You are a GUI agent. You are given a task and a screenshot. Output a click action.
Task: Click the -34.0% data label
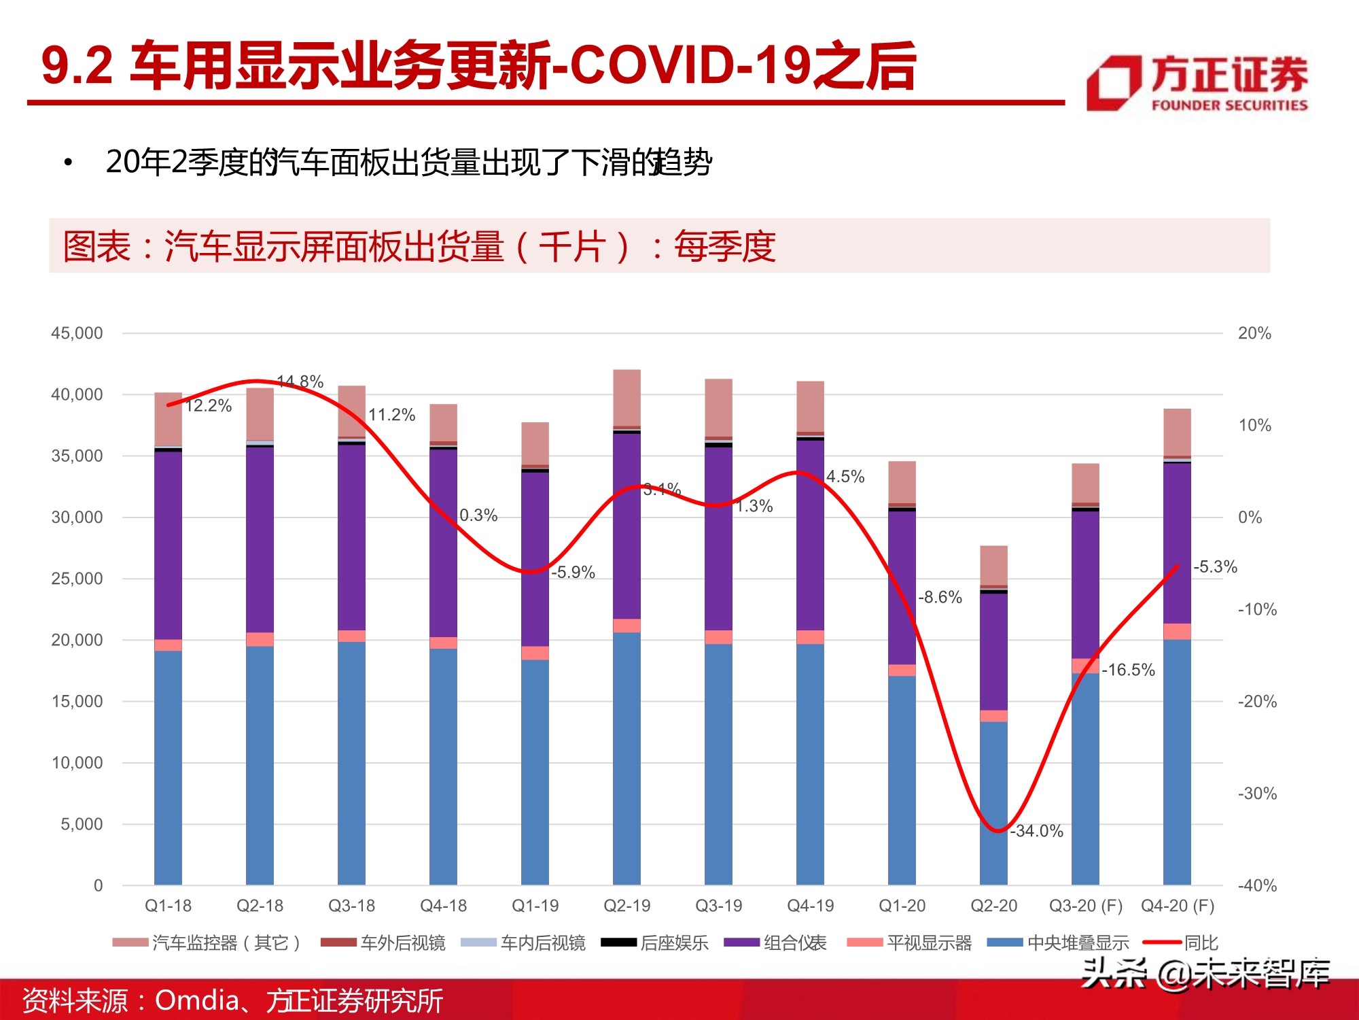click(1036, 831)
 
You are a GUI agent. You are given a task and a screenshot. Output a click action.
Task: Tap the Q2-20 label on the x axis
click(993, 906)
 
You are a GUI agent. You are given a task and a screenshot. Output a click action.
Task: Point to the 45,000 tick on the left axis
click(77, 333)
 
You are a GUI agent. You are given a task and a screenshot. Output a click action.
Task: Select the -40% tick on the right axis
click(1257, 885)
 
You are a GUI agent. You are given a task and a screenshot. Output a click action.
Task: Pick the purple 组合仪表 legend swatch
click(741, 942)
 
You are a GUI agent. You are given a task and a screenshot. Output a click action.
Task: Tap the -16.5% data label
click(1128, 670)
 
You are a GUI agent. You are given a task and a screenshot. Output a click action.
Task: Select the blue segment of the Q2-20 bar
click(993, 802)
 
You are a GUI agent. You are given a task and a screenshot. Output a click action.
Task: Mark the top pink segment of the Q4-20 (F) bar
click(1177, 432)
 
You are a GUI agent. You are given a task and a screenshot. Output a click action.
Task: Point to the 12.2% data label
click(209, 406)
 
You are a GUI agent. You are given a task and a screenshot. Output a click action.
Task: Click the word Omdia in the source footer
click(197, 1000)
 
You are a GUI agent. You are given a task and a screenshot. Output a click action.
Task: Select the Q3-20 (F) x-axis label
click(1085, 906)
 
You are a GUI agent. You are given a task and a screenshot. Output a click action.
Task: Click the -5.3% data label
click(1215, 566)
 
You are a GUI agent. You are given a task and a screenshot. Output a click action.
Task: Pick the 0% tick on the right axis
click(1250, 517)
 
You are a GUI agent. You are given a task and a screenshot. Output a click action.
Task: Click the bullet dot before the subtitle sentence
click(67, 163)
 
